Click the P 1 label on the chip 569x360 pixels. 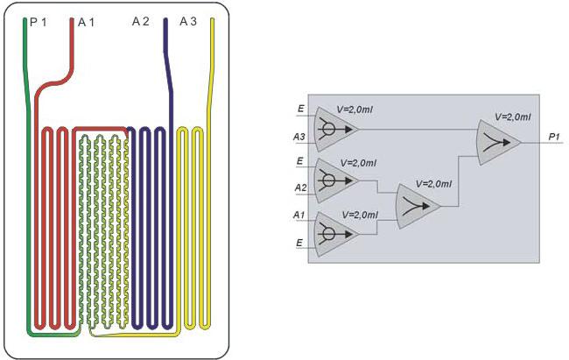(x=39, y=21)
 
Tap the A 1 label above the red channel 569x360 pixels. (x=86, y=21)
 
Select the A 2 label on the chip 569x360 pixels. (x=141, y=21)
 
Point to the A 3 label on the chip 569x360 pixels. (x=188, y=21)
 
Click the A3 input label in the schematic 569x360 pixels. (x=299, y=137)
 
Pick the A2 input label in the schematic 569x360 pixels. (x=299, y=187)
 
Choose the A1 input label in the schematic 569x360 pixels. (x=299, y=214)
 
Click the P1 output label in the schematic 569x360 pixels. (x=555, y=136)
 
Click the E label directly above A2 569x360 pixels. (x=301, y=162)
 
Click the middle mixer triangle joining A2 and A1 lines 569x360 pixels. (x=418, y=205)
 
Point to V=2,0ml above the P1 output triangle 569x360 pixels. (x=513, y=115)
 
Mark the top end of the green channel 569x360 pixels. (x=25, y=20)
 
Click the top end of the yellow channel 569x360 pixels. (x=212, y=20)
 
